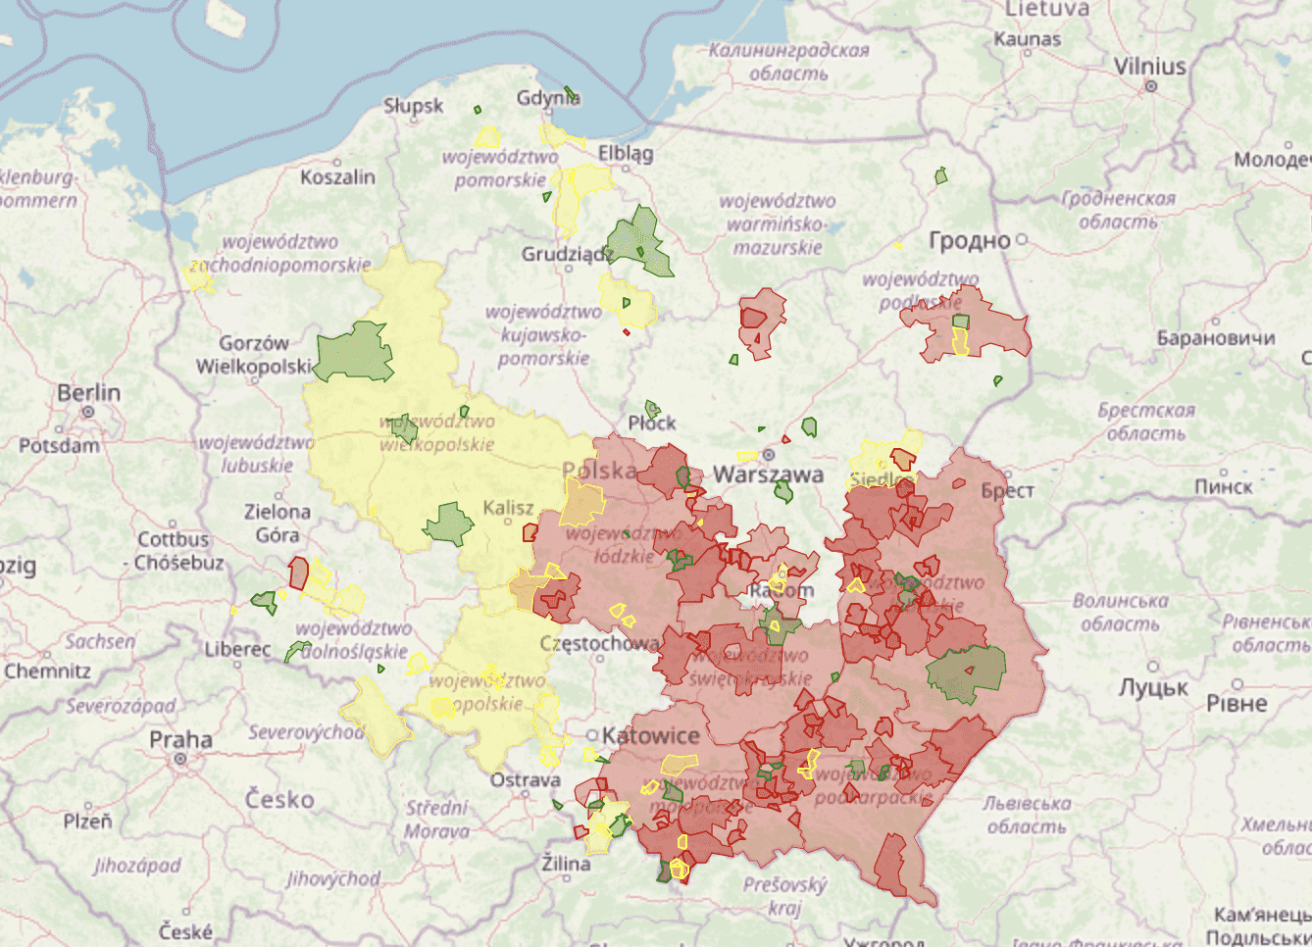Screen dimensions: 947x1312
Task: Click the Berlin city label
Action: tap(88, 392)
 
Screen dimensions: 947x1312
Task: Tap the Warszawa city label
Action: tap(768, 474)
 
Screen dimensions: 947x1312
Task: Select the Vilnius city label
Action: tap(1150, 67)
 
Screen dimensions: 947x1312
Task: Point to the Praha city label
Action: tap(180, 739)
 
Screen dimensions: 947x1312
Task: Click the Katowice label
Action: tap(651, 735)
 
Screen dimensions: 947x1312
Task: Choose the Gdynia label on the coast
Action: tap(547, 98)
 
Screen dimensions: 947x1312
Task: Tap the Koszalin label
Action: tap(337, 177)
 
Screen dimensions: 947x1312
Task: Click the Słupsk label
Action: tap(413, 106)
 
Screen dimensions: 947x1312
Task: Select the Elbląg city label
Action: tap(626, 153)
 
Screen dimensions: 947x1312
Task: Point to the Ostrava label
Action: tap(526, 780)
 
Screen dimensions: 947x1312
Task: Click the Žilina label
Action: tap(567, 864)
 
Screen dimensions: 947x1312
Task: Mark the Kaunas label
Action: tap(1028, 39)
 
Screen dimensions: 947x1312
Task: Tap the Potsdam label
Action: tap(59, 445)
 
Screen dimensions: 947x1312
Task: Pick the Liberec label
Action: tap(237, 649)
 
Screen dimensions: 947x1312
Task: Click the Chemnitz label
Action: tap(47, 672)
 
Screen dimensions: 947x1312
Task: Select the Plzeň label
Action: tap(87, 822)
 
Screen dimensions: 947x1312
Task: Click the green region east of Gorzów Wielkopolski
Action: tap(354, 353)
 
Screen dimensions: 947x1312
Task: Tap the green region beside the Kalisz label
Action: tap(449, 524)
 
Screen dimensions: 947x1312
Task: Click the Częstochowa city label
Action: tap(599, 644)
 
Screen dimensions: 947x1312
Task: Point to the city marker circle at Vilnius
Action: tap(1151, 86)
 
